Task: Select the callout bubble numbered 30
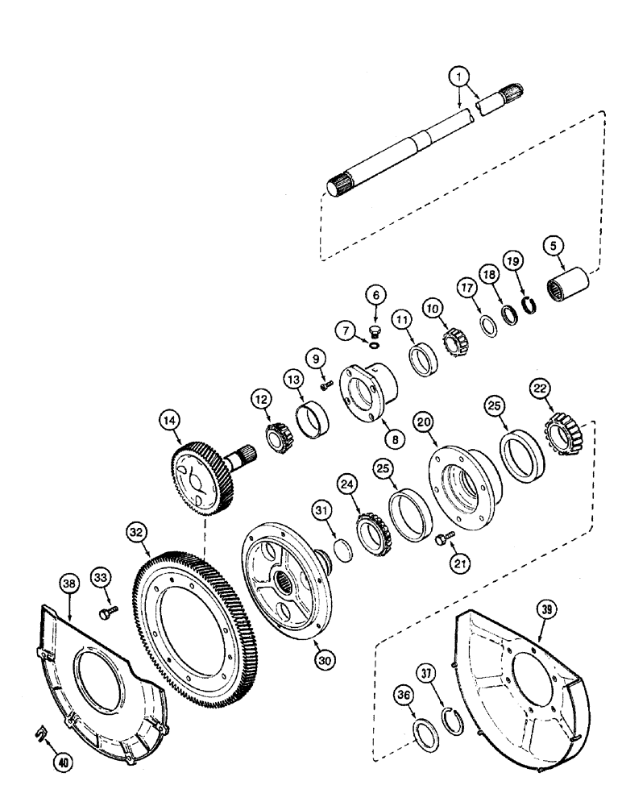[326, 659]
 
